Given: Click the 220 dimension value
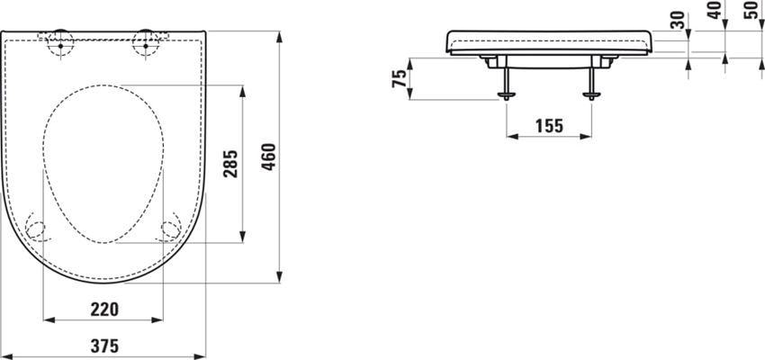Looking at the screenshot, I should (103, 309).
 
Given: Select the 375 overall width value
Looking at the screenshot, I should (103, 346).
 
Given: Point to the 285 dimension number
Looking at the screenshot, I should (230, 163).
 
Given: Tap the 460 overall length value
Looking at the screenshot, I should (267, 158).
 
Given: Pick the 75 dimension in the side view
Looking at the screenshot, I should (399, 78).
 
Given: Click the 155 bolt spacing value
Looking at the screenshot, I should (548, 126).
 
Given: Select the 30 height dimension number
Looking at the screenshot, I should (677, 19).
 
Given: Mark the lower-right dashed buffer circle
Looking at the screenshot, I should (170, 229).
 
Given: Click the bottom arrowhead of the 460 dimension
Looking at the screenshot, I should (281, 278).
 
